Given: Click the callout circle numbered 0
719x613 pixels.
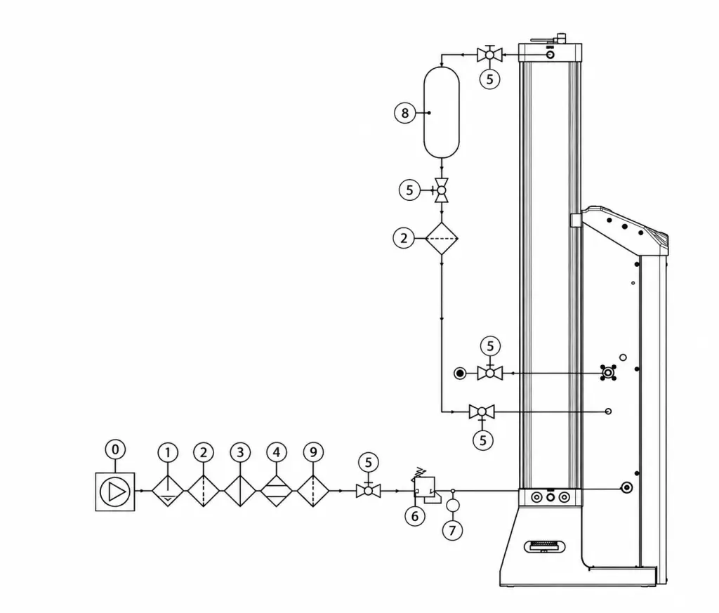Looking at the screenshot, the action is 115,449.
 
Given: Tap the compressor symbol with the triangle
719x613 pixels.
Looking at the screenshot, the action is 115,492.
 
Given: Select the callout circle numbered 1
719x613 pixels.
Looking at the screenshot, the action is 168,452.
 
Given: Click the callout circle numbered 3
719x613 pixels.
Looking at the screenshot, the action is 240,452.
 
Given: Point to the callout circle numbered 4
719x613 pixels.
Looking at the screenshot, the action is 277,452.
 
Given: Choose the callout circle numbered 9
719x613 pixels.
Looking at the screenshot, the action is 313,452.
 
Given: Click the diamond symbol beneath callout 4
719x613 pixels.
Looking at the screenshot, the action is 277,491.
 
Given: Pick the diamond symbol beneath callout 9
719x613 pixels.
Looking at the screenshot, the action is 313,491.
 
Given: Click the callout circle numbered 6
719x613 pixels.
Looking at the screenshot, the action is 415,516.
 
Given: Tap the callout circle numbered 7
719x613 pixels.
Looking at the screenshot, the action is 453,530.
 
